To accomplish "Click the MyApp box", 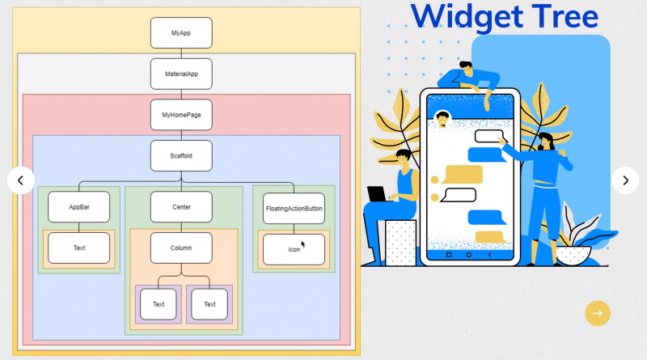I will coord(181,33).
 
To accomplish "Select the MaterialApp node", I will coord(181,74).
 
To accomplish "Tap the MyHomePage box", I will coord(181,115).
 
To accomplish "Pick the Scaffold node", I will coord(181,155).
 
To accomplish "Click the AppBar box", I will coord(78,207).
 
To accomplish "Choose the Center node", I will coord(181,207).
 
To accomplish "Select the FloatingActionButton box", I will coord(294,208).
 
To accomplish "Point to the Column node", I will coord(181,248).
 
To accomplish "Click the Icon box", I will coord(294,249).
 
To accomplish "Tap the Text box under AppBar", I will coord(78,248).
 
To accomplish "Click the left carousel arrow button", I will coord(21,180).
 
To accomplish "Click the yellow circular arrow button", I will coord(598,313).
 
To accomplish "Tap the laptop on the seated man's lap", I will coord(377,194).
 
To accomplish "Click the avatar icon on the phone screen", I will coord(442,118).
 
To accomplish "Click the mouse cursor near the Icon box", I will coord(303,244).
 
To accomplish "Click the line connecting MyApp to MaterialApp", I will coord(181,53).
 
